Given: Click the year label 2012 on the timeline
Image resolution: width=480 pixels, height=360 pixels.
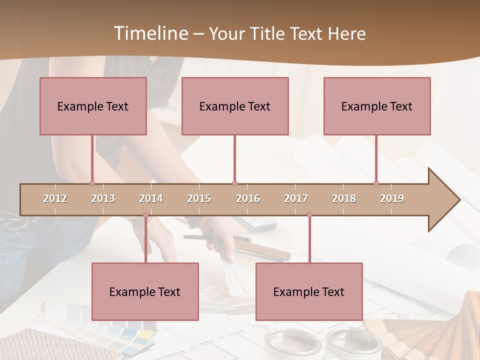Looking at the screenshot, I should coord(55,198).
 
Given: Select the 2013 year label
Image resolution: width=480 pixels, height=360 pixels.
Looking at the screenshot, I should coord(103,198).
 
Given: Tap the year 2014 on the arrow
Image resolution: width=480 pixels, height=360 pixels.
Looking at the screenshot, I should coord(151,198).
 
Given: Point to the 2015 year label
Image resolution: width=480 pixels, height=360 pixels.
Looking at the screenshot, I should coord(199,198).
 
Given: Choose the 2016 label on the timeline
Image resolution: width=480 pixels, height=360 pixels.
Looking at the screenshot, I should coord(248,198).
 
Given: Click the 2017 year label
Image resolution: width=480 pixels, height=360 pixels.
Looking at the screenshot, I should coord(296,198).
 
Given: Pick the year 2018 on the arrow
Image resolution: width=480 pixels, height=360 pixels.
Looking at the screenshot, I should coord(344,198).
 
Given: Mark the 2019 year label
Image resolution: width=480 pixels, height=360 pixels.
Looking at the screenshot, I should coord(392,198).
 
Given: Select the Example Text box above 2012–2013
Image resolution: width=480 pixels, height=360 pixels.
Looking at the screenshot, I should coord(93,106).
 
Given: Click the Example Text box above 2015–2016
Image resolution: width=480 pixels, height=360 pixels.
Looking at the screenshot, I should coord(235,106).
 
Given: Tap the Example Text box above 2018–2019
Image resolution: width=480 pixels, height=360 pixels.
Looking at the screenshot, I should coord(377,106).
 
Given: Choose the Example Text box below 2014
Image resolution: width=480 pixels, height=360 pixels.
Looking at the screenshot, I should coord(145,291).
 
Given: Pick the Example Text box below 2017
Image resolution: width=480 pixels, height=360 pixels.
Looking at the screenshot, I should coord(309,291).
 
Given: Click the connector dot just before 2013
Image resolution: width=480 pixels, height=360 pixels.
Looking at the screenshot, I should coord(92,183).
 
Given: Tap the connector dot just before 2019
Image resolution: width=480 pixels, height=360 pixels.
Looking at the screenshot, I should coord(376,183).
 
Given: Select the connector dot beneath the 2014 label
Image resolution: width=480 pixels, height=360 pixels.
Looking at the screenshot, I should coord(145,215).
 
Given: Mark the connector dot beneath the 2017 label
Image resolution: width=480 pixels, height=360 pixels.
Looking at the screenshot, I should coord(309,215).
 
